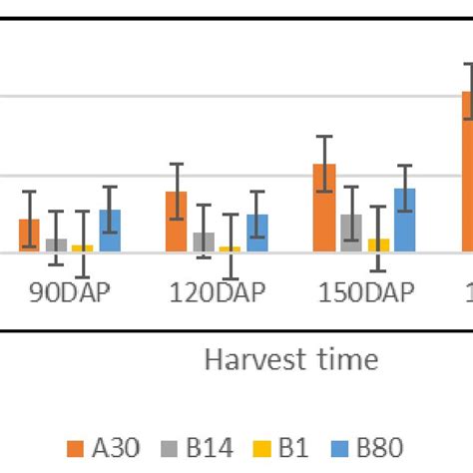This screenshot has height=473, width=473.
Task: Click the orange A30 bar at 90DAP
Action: [x=30, y=236]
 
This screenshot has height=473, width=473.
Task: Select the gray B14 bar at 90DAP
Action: [x=57, y=245]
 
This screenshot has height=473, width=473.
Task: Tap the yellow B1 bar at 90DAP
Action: [x=83, y=248]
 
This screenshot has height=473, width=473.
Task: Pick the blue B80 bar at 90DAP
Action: [x=110, y=231]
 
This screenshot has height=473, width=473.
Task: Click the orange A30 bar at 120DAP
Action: [x=177, y=222]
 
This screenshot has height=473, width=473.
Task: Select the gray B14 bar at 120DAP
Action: [x=204, y=241]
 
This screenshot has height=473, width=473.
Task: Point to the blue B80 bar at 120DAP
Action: [x=257, y=233]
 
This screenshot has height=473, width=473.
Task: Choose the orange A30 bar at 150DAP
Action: [x=324, y=208]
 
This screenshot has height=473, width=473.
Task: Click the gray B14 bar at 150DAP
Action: [x=351, y=233]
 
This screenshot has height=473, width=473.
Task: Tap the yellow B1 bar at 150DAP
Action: [x=378, y=245]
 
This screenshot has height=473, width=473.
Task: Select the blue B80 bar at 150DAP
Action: [x=405, y=220]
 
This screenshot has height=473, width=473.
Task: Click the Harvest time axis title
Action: [x=291, y=359]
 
